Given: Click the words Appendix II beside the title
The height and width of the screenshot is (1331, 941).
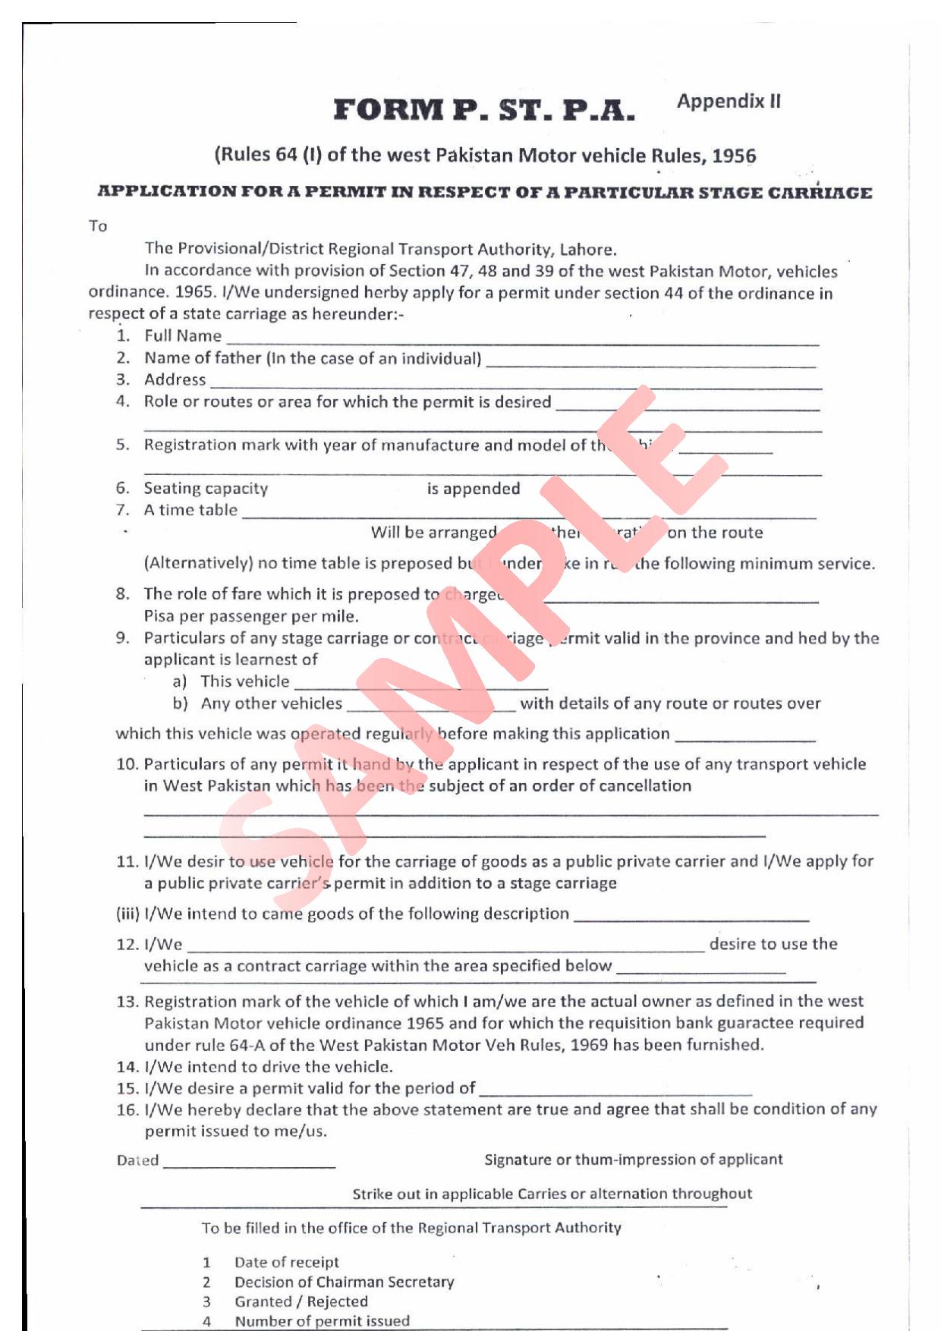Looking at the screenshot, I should (x=729, y=102).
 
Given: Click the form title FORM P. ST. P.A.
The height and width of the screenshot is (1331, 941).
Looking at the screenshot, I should (x=483, y=111).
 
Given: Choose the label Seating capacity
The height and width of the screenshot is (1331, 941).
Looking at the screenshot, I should (x=206, y=489).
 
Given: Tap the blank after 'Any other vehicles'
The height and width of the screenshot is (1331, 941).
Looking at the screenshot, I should (x=430, y=708).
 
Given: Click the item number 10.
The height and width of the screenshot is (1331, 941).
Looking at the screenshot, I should (x=127, y=764).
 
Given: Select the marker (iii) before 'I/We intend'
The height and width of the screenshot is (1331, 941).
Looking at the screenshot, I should (x=127, y=914).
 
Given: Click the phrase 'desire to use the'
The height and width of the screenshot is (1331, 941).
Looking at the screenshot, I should (x=773, y=944).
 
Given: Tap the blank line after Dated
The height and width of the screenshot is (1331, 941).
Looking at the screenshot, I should (x=249, y=1164).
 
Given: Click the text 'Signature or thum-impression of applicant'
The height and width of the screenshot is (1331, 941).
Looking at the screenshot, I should (x=633, y=1160).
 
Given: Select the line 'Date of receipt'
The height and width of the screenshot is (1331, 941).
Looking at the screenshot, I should (x=286, y=1262).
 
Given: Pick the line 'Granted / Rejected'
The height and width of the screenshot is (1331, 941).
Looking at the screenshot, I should (x=301, y=1301).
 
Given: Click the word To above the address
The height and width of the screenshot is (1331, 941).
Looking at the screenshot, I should (x=98, y=226).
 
